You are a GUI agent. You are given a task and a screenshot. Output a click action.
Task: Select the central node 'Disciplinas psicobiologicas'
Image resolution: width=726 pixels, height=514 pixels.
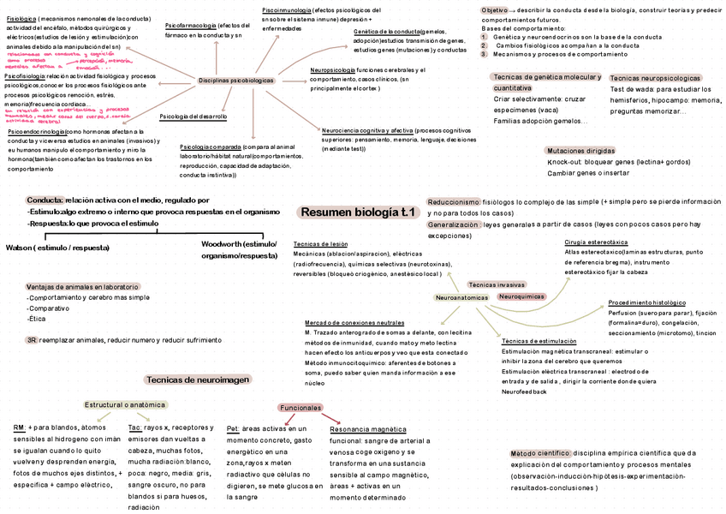coord(235,80)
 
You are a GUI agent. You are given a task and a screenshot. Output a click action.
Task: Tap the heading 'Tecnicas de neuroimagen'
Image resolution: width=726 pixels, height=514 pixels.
coord(198,380)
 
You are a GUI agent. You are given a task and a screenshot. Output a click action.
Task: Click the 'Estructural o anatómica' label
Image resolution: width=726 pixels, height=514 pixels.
coord(125,404)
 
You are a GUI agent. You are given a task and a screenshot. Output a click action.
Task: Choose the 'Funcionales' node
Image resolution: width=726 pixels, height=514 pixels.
coord(301,407)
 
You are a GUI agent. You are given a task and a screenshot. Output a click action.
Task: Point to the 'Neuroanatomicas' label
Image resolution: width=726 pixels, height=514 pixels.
coord(461,297)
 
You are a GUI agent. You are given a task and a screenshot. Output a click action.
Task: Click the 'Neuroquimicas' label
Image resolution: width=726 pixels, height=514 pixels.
coord(521,296)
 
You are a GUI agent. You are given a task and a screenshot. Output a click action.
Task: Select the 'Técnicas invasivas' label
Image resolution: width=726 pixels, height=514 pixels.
coord(497,284)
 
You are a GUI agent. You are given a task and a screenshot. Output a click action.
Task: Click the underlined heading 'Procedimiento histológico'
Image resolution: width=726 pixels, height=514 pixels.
coord(647,302)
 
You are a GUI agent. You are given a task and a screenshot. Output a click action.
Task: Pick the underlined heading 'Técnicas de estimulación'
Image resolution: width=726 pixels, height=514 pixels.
coord(539,341)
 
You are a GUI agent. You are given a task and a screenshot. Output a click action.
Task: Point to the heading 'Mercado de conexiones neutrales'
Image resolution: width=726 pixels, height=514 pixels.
coord(354,321)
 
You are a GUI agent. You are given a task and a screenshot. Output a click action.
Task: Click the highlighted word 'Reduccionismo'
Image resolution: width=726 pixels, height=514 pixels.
coord(454,201)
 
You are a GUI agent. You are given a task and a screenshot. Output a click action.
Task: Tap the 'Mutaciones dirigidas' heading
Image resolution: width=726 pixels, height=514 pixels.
coord(580,150)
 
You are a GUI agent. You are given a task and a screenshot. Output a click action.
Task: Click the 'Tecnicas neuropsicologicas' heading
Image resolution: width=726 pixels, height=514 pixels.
coord(655,78)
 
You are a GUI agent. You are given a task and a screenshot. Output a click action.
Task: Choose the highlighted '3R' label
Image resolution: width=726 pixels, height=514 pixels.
coord(31,340)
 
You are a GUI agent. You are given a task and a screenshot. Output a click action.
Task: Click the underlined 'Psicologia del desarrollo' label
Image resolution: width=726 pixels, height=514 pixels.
coord(193,117)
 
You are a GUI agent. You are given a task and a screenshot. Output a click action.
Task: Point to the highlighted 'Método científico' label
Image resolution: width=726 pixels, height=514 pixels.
coord(540,453)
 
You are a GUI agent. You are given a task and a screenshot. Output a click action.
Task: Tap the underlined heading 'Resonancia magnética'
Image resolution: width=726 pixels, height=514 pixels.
coord(368,428)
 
